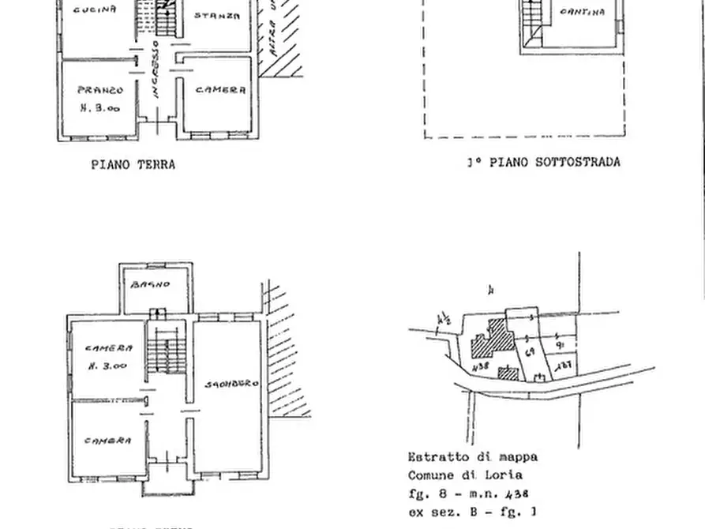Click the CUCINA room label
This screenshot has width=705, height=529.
95,10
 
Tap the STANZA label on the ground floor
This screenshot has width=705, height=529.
216,15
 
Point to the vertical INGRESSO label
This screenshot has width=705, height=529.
156,69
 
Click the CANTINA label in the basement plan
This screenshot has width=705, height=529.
583,12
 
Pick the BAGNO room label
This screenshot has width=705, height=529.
151,284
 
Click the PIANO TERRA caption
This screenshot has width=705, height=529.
133,165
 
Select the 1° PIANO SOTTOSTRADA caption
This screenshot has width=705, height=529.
542,162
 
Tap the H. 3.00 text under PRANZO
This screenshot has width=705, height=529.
100,109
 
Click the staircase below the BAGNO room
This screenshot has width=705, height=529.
166,351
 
